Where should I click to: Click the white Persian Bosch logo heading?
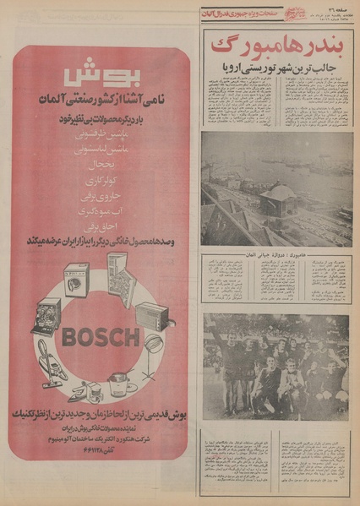pos(102,71)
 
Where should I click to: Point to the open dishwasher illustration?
pos(46,316)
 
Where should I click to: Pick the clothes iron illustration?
pos(82,389)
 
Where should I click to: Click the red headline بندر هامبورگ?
pos(278,43)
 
